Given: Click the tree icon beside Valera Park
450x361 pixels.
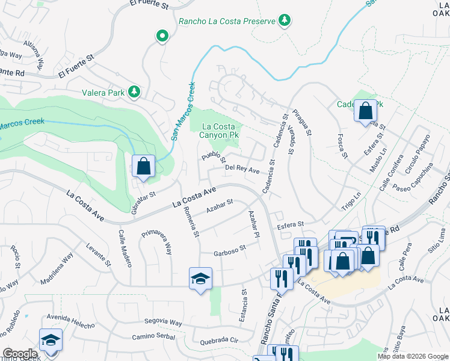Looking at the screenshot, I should tap(136, 92).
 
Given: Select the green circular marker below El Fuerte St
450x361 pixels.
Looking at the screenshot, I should tap(162, 37).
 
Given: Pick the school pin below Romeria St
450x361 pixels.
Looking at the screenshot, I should tap(200, 279).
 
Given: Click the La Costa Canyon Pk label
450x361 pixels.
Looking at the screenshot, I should tap(215, 131).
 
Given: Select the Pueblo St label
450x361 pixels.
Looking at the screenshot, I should tap(214, 158).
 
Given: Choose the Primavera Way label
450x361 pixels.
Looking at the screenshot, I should tap(156, 241).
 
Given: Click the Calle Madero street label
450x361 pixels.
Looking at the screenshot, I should tap(125, 248).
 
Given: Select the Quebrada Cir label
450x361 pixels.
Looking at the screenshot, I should tap(220, 341).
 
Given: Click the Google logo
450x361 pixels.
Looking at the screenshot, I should tap(19, 354).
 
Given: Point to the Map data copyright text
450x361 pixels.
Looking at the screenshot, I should tap(412, 356).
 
